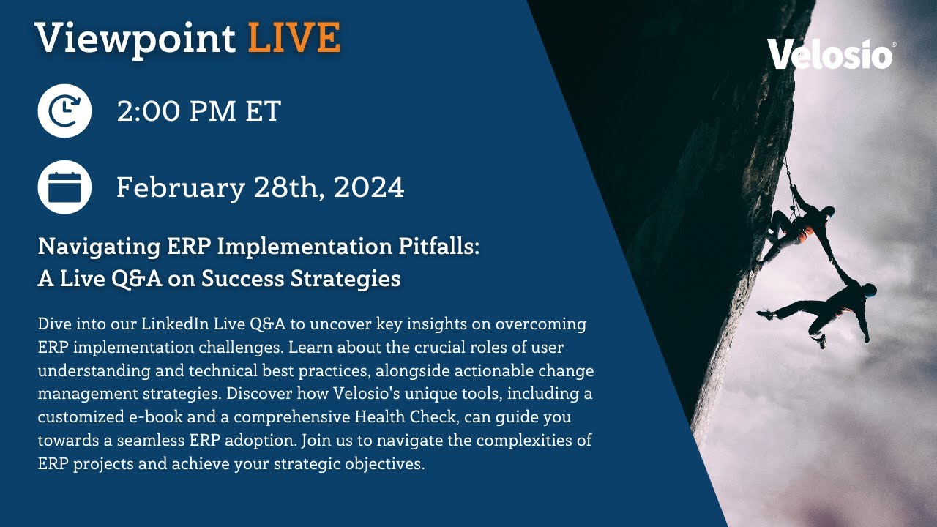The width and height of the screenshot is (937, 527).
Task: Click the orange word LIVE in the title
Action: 294,38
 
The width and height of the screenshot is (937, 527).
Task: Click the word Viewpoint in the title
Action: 135,38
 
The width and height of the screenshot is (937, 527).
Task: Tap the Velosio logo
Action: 830,54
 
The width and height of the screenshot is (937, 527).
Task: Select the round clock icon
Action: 64,111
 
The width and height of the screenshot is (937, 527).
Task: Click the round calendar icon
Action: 64,187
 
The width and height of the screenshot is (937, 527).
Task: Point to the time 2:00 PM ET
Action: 198,111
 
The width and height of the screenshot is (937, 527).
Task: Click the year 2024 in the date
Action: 369,188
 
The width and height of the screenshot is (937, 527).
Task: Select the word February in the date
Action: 180,188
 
